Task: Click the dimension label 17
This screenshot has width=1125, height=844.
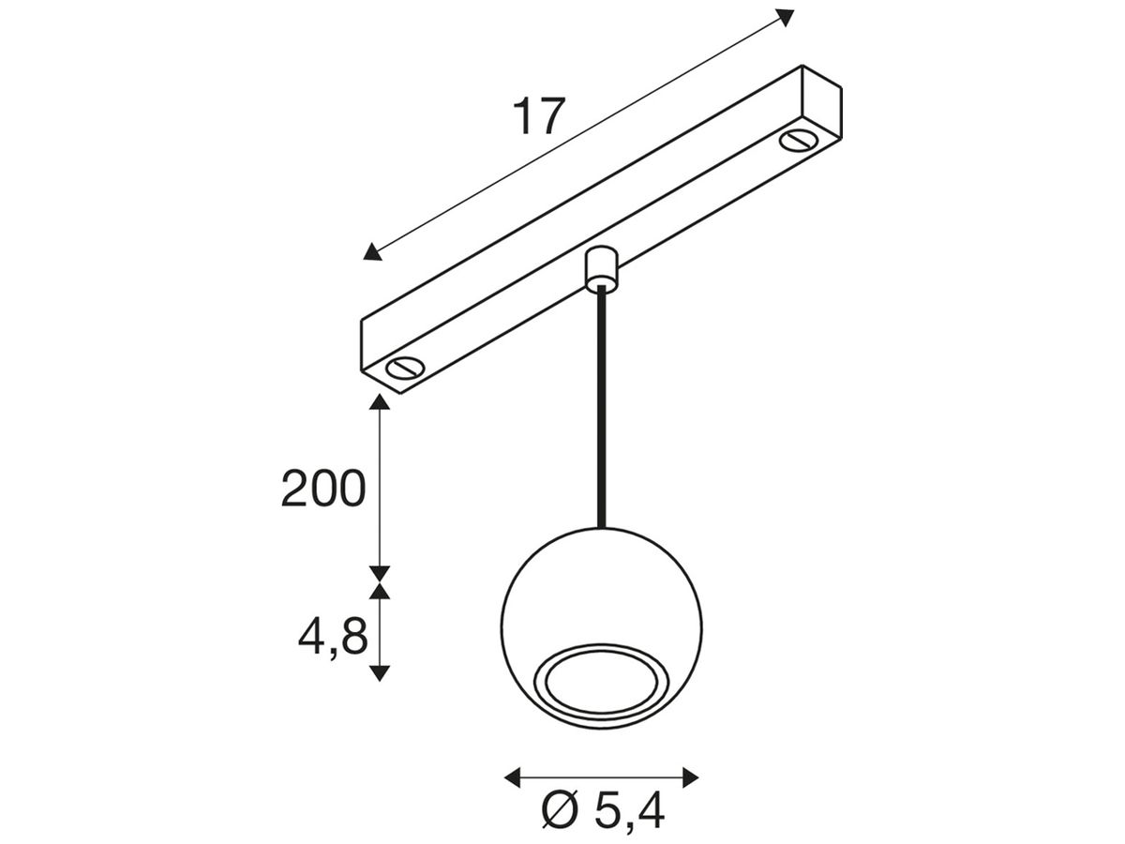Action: click(539, 117)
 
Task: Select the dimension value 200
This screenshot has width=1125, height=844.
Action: click(322, 490)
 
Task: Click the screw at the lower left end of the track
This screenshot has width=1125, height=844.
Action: click(404, 368)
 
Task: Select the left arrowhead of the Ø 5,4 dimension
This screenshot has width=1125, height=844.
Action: click(512, 776)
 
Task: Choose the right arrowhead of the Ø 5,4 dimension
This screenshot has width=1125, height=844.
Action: click(691, 776)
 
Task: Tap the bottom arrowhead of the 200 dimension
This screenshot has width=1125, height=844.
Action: click(379, 572)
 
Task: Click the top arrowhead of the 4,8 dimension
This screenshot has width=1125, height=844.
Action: click(379, 589)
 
